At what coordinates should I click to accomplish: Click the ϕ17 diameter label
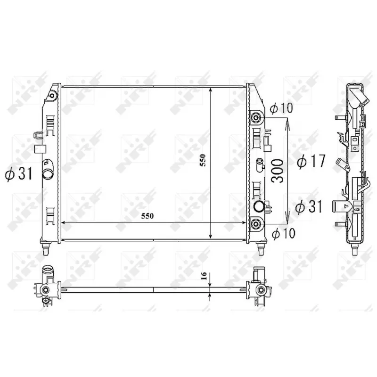tap(311, 162)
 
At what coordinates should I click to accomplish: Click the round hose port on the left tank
tap(49, 173)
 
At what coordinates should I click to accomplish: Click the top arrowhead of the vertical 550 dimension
tap(210, 89)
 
